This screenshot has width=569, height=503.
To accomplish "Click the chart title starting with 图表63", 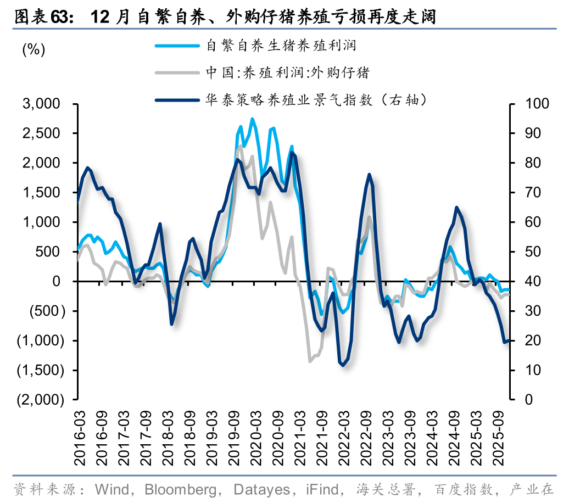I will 225,17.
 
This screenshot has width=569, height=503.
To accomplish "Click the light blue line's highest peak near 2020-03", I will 252,119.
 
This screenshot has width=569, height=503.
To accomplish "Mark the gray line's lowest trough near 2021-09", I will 310,361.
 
